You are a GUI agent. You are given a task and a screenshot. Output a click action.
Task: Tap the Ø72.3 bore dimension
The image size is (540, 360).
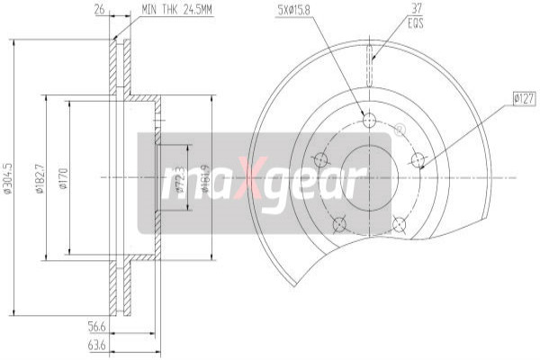[179, 178]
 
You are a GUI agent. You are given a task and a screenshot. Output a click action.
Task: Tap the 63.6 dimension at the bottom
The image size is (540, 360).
[96, 345]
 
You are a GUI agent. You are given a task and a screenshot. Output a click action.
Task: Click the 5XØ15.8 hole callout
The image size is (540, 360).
[297, 11]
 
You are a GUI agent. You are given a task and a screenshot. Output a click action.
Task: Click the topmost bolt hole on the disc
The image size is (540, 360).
[369, 119]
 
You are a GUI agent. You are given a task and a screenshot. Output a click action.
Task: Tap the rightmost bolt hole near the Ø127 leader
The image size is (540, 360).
[418, 160]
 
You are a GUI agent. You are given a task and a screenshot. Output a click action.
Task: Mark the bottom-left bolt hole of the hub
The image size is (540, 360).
[339, 223]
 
